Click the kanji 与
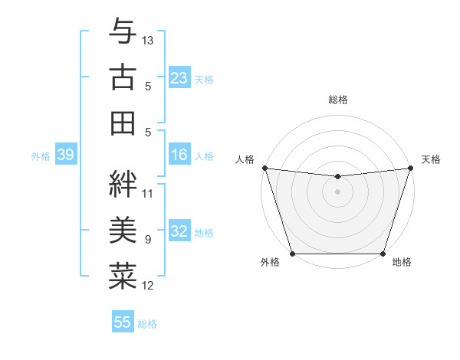(x=123, y=31)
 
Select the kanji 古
(x=123, y=77)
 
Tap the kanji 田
(x=123, y=122)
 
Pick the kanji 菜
(x=123, y=276)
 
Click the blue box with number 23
(x=179, y=78)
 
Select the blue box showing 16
(x=179, y=155)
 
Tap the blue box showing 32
(x=179, y=232)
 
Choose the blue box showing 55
(x=123, y=322)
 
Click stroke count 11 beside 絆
(x=148, y=193)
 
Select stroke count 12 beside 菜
(x=148, y=286)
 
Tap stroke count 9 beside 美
(x=148, y=240)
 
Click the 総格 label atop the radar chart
(x=338, y=100)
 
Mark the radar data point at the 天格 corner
(x=410, y=168)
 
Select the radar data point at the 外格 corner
(x=293, y=254)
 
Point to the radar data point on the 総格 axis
(x=337, y=177)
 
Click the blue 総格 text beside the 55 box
(x=147, y=324)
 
